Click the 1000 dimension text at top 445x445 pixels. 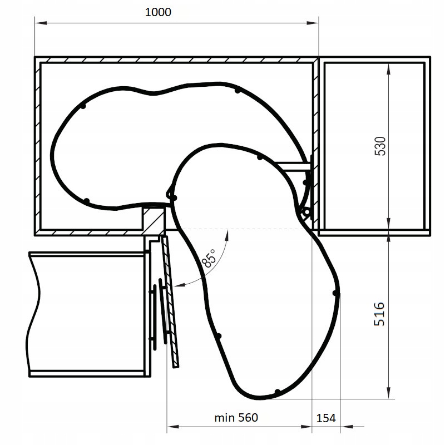pos(158,12)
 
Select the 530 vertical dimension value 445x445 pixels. pos(380,146)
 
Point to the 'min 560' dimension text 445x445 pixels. pos(236,417)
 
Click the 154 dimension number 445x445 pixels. pos(326,418)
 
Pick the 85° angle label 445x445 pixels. pos(209,259)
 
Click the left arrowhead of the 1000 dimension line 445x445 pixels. pos(38,23)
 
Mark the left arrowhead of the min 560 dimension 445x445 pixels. pos(171,427)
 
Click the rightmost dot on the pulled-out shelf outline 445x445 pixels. pos(335,293)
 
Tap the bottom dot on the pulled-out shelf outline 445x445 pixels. pos(277,392)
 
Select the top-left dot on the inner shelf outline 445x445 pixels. pos(83,105)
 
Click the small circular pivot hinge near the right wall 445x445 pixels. pos(304,212)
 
